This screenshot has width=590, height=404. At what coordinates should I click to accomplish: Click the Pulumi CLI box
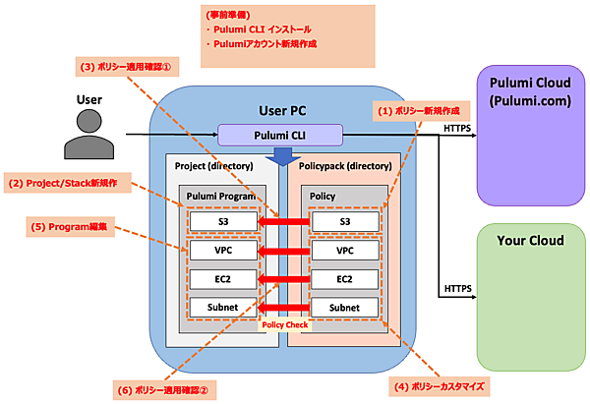pyautogui.click(x=280, y=136)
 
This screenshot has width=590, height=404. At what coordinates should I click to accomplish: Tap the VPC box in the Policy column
pyautogui.click(x=345, y=252)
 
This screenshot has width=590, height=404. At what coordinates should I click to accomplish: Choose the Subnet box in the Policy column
pyautogui.click(x=345, y=309)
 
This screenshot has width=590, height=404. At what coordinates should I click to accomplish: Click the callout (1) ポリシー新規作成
pyautogui.click(x=415, y=111)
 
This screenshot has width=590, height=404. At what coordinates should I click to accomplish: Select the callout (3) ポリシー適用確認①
pyautogui.click(x=127, y=68)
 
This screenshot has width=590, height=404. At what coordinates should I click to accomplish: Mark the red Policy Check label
pyautogui.click(x=284, y=324)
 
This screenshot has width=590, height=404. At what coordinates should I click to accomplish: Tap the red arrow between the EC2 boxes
pyautogui.click(x=284, y=280)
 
